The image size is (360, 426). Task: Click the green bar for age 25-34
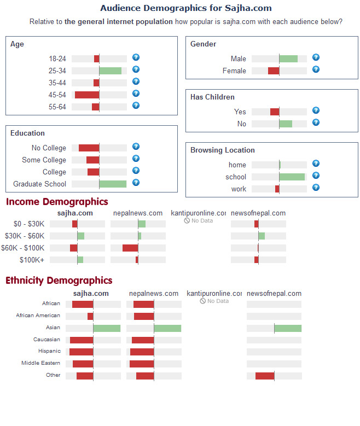(x=110, y=71)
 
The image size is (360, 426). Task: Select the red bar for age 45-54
(x=87, y=95)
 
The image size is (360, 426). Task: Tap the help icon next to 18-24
(x=136, y=57)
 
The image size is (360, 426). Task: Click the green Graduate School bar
(x=113, y=184)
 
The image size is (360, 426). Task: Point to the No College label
(x=49, y=148)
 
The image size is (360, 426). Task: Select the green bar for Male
(x=288, y=59)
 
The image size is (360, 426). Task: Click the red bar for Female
(x=274, y=71)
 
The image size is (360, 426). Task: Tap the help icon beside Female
(x=316, y=69)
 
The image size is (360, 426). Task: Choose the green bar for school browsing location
(x=292, y=177)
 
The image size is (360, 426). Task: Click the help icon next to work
(x=316, y=188)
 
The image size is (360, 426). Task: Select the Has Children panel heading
(x=212, y=97)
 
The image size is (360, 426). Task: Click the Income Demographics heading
(x=57, y=202)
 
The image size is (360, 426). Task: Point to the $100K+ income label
(x=32, y=260)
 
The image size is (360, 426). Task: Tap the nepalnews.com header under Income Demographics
(x=138, y=213)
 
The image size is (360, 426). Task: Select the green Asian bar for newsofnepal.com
(x=288, y=328)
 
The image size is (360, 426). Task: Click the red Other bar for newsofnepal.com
(x=265, y=376)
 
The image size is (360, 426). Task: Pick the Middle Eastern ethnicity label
(x=40, y=363)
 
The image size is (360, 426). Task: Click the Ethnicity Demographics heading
(x=59, y=281)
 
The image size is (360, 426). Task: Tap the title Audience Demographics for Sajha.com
(x=186, y=8)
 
